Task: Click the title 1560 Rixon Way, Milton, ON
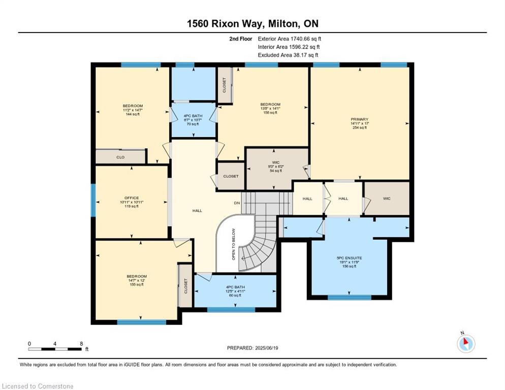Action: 252,23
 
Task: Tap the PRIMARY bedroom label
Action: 359,119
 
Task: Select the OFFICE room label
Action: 132,198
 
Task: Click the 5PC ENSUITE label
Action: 349,258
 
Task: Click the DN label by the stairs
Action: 236,203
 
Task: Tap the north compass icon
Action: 465,343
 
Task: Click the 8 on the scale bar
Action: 81,343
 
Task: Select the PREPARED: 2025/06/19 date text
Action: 253,348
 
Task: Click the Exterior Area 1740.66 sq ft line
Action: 290,39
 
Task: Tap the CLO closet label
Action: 120,157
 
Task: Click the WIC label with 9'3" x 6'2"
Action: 277,163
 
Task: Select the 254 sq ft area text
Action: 359,127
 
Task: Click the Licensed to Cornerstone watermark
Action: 38,386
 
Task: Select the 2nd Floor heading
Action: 240,39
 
